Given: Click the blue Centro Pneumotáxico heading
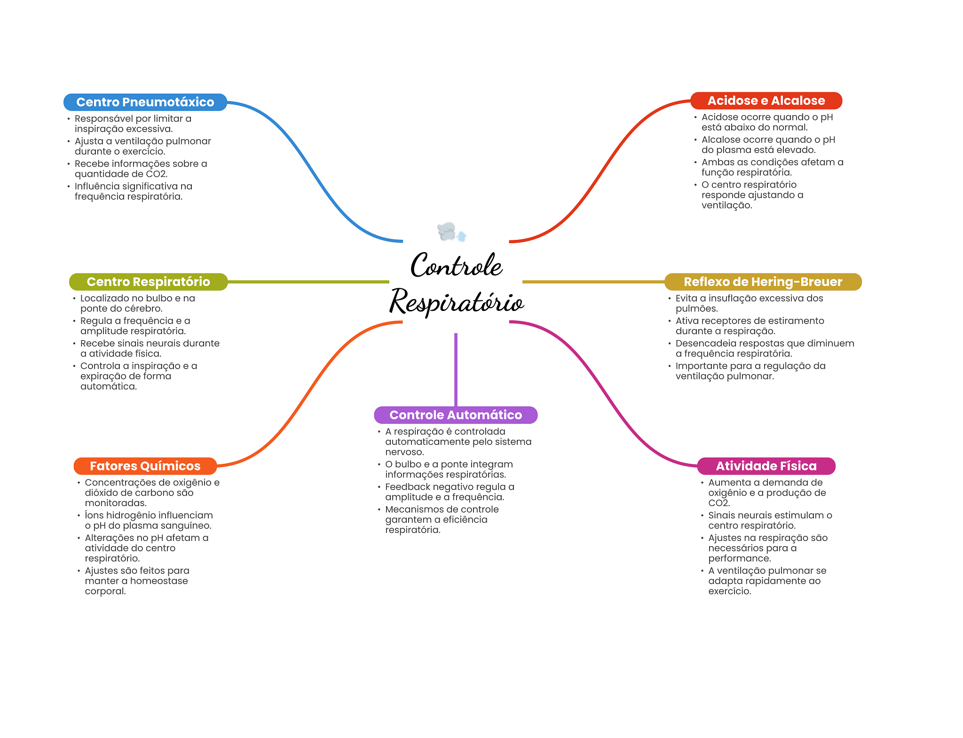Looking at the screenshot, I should pos(145,102).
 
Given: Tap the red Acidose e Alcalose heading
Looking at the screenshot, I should pos(766,101).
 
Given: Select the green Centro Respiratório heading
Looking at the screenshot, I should pos(148,282).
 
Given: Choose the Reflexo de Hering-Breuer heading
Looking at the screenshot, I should pos(762,282).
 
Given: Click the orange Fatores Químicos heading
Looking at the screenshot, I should pos(145,466).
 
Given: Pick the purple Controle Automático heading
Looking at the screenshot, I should pos(455,415).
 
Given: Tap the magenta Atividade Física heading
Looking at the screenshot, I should pos(766,466).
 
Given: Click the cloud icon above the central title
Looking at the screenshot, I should pos(451,232).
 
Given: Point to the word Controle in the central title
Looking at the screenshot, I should pos(456,266).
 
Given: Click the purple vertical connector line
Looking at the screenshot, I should pos(456,369).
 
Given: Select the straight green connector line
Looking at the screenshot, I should pos(308,282).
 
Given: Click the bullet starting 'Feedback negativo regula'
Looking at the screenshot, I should pos(449,492).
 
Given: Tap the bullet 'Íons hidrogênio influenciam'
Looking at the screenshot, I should pos(148,521).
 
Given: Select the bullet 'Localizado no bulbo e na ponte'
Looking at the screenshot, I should pos(137,303).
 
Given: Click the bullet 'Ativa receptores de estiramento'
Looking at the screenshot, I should pos(750,326).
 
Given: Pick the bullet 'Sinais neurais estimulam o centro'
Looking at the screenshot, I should pos(770,521).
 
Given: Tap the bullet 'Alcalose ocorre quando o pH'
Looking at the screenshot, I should pos(768,145).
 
